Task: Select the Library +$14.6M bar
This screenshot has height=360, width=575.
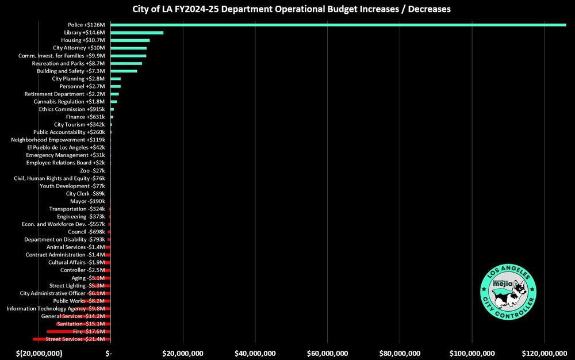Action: coord(137,33)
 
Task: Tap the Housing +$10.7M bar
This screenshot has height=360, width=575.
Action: coord(130,40)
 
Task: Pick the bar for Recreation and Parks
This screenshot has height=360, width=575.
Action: coord(126,63)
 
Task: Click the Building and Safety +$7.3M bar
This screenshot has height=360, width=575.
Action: coord(124,71)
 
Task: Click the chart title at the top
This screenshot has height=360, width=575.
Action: coord(287,10)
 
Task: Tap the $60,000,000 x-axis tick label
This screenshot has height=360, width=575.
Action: coord(327,353)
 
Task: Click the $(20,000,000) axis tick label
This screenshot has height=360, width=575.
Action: coord(39,353)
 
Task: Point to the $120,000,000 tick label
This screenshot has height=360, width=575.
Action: coord(543,353)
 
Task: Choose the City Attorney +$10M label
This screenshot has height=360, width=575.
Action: coord(79,48)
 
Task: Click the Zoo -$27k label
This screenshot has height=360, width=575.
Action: coord(92,171)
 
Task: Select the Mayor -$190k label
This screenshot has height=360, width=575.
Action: coord(87,201)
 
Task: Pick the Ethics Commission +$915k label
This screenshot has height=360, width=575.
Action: coord(72,109)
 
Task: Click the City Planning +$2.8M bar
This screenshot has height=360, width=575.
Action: coord(116,78)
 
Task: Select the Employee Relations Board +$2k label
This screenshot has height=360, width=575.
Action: coord(66,163)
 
